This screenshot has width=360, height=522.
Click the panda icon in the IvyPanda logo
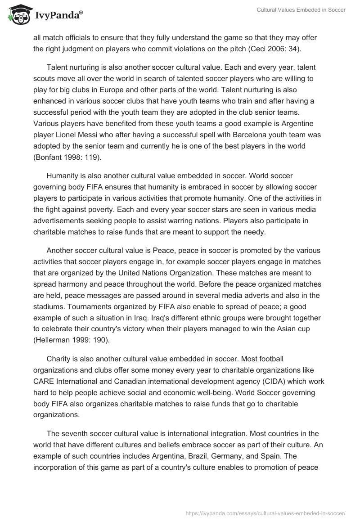(x=17, y=15)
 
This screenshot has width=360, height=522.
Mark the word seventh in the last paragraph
(x=76, y=434)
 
